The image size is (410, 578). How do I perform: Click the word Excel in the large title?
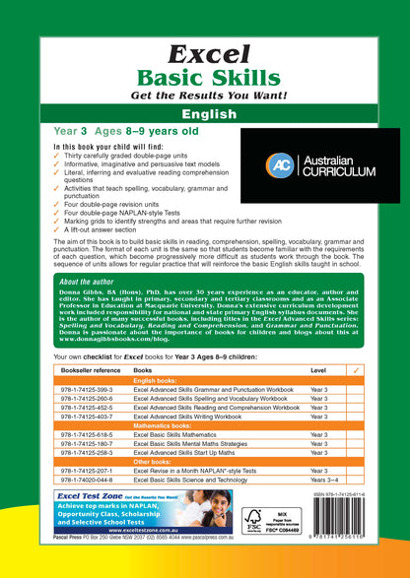coord(204,55)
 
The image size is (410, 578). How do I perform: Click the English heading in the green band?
coord(204,113)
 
